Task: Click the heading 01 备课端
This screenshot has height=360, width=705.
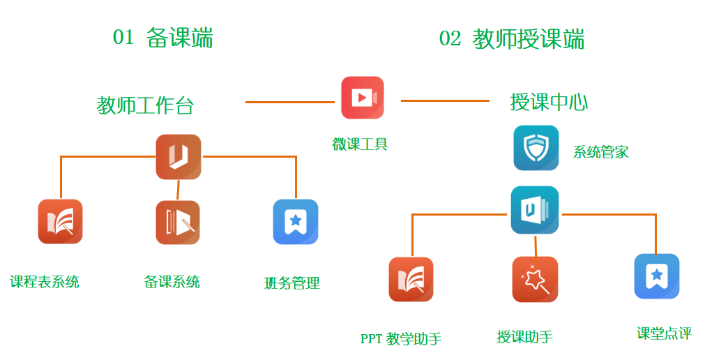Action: (x=162, y=38)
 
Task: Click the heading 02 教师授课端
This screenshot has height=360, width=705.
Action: (x=512, y=38)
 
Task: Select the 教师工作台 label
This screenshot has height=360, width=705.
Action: (x=145, y=105)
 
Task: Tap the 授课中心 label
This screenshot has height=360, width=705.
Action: (x=549, y=102)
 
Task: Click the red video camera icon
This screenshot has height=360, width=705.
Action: (x=363, y=98)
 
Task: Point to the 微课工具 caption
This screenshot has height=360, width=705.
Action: (x=360, y=144)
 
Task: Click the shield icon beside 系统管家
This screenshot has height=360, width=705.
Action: (x=536, y=148)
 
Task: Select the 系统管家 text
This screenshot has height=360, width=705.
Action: (x=600, y=152)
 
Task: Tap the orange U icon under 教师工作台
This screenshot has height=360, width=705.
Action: (x=179, y=157)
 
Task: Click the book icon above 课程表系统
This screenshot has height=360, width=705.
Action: (x=60, y=221)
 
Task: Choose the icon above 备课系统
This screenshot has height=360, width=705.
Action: (x=178, y=223)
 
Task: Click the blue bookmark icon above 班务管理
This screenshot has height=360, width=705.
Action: (x=296, y=222)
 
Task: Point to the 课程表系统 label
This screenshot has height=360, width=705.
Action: (x=45, y=282)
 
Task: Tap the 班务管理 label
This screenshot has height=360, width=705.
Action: (x=291, y=283)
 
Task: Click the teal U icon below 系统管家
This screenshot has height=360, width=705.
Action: (x=535, y=210)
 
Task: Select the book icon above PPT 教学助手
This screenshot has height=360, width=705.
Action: (x=411, y=280)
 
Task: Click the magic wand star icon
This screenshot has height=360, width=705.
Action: (x=535, y=280)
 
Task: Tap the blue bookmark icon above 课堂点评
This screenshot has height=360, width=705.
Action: (x=657, y=276)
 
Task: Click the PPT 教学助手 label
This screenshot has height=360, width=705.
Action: (x=401, y=338)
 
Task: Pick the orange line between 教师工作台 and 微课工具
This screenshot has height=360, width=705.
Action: (x=290, y=102)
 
